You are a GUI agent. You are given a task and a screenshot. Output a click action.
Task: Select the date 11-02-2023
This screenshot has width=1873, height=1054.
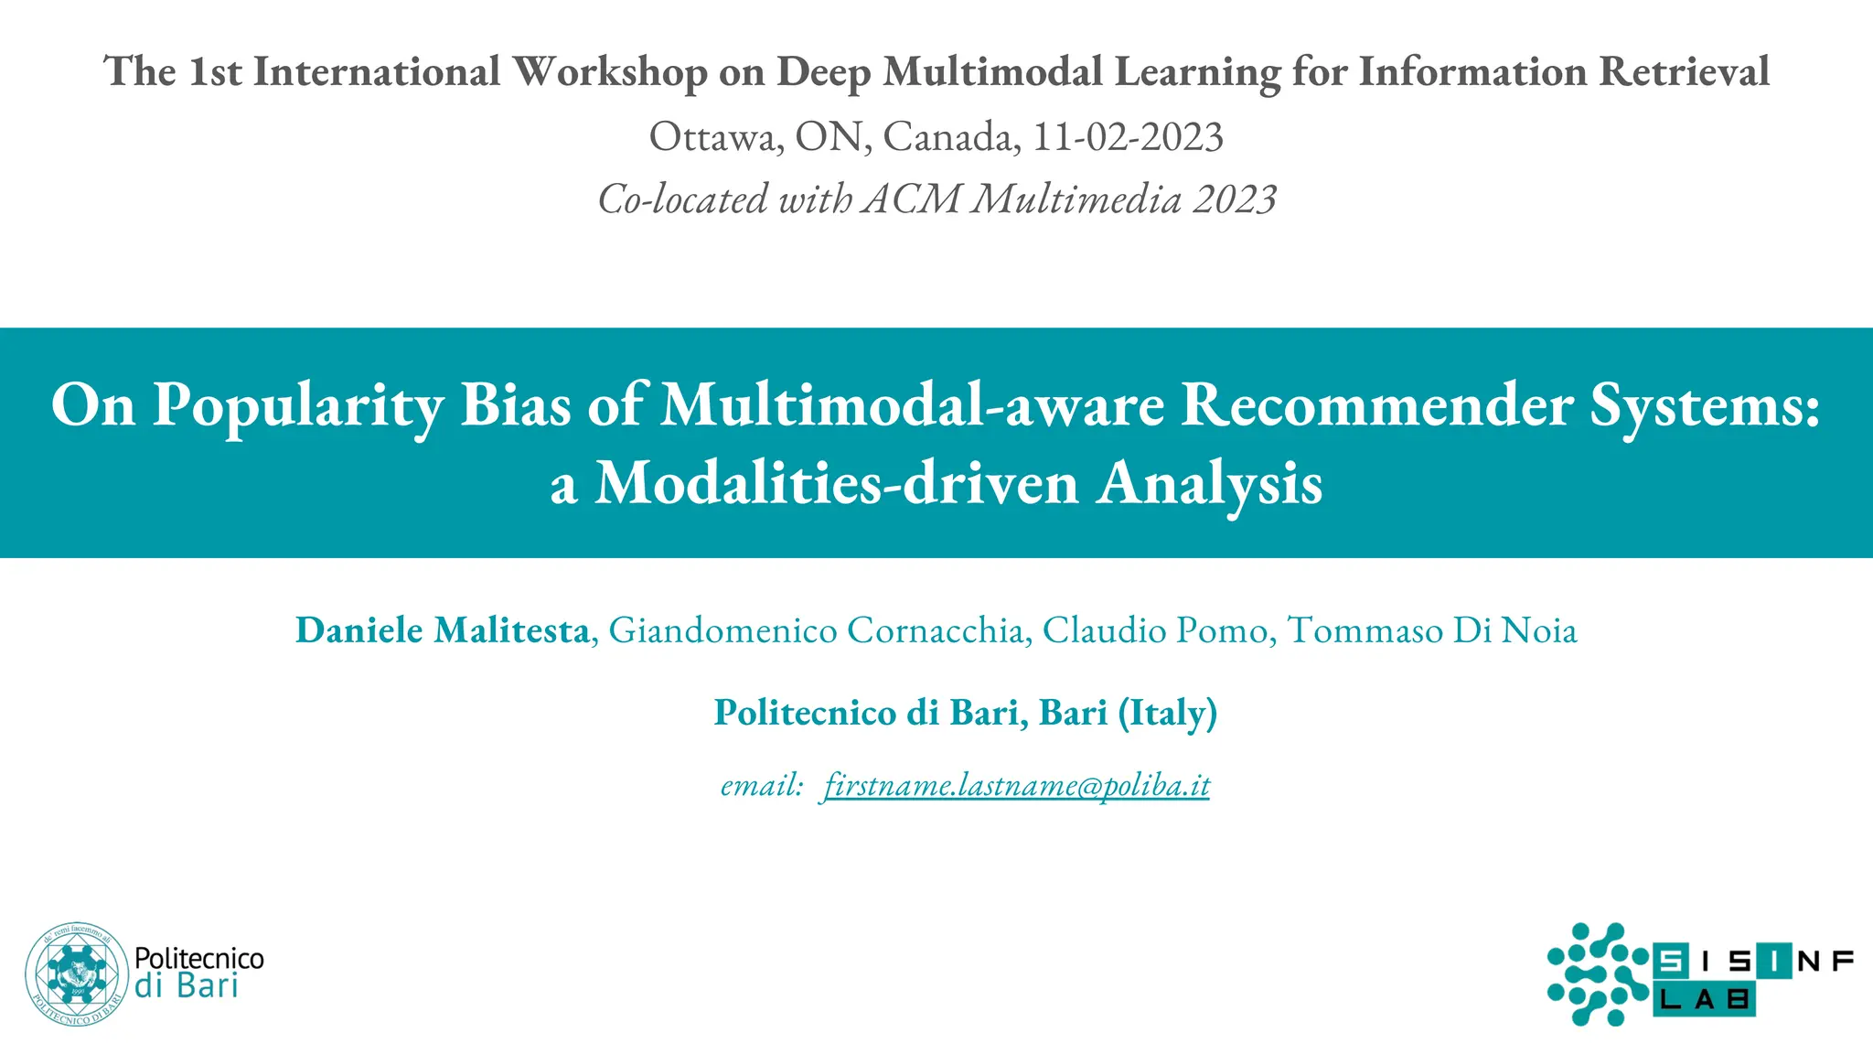1128,137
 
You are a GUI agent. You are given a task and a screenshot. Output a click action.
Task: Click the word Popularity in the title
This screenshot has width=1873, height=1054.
298,405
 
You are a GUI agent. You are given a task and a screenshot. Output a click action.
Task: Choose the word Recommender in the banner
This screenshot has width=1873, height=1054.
1377,405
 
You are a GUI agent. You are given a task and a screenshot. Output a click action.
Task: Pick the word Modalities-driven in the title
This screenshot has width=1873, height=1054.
836,483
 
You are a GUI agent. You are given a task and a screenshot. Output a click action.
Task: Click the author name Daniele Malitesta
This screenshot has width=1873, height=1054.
442,630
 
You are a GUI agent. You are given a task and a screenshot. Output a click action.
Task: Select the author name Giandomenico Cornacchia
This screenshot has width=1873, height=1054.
816,630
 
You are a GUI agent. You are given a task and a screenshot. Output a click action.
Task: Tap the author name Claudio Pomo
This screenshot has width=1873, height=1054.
1154,630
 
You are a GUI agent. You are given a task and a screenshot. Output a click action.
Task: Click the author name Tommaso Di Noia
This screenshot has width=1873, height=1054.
1431,630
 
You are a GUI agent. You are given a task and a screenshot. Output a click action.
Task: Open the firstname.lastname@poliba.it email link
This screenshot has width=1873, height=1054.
1016,785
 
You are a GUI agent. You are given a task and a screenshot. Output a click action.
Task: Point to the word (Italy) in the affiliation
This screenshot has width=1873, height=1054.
1167,713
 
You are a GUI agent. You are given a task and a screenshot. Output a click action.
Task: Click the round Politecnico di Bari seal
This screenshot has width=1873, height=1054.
77,973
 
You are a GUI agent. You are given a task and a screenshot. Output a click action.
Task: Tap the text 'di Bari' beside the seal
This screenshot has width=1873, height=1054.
186,986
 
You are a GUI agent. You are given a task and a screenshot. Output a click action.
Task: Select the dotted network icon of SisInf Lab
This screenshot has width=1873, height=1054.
1597,973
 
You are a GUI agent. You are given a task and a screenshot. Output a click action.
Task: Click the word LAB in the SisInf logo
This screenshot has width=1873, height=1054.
1704,1000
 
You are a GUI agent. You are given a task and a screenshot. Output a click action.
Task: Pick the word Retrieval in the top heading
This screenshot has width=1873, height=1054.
1684,72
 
